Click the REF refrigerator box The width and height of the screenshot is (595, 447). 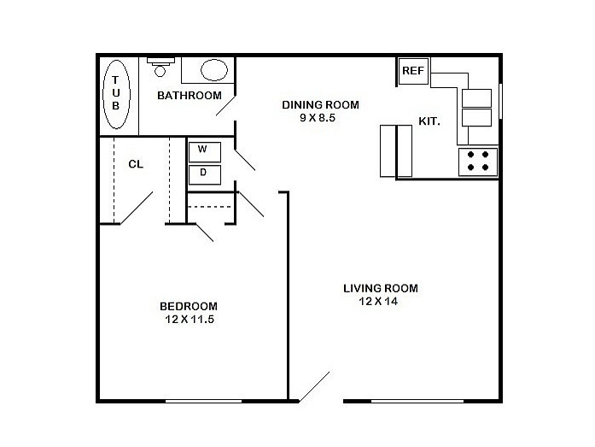pyautogui.click(x=413, y=71)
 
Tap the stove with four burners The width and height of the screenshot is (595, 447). pyautogui.click(x=478, y=162)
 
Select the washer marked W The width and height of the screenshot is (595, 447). pyautogui.click(x=205, y=152)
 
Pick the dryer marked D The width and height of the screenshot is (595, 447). pyautogui.click(x=205, y=174)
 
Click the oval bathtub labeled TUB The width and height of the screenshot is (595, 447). pyautogui.click(x=116, y=94)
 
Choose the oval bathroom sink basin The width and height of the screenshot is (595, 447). pyautogui.click(x=214, y=70)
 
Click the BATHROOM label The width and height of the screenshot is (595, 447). pyautogui.click(x=190, y=96)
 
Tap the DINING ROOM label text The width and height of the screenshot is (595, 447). pyautogui.click(x=321, y=105)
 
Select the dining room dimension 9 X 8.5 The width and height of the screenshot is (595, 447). pyautogui.click(x=318, y=118)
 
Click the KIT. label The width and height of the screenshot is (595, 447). pyautogui.click(x=429, y=121)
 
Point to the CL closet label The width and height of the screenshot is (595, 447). pyautogui.click(x=136, y=164)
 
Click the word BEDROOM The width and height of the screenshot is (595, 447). pyautogui.click(x=189, y=306)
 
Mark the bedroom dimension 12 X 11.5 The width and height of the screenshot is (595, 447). pyautogui.click(x=190, y=320)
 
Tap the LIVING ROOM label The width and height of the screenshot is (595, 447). pyautogui.click(x=381, y=288)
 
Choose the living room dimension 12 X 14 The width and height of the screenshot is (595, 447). pyautogui.click(x=378, y=302)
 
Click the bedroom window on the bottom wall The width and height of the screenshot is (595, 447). pyautogui.click(x=203, y=401)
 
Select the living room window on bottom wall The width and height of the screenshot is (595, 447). pyautogui.click(x=417, y=401)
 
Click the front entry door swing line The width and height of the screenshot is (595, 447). pyautogui.click(x=314, y=386)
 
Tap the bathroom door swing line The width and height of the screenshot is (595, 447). pyautogui.click(x=225, y=105)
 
